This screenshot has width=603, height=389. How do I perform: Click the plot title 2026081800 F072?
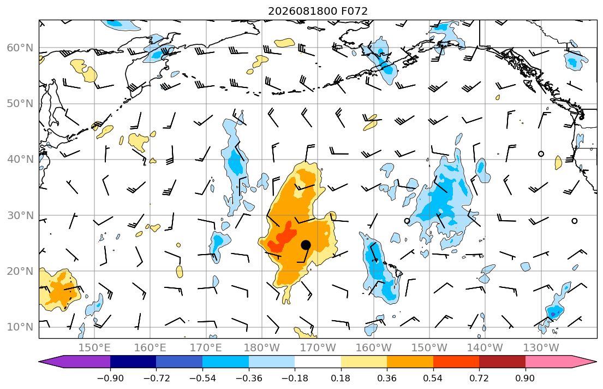click(x=318, y=11)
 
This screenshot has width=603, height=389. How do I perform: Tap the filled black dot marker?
click(x=306, y=245)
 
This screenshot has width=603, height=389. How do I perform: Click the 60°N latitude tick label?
click(x=20, y=48)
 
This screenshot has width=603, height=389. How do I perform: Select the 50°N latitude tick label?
click(x=20, y=104)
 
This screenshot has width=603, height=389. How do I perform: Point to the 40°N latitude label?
click(x=20, y=160)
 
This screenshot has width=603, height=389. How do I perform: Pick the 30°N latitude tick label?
click(x=20, y=215)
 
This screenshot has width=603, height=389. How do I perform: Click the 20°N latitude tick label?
click(x=20, y=271)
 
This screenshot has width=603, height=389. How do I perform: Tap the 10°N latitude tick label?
click(x=20, y=327)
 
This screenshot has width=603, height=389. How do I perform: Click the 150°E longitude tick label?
click(x=94, y=348)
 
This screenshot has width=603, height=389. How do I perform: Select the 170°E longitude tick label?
click(x=206, y=348)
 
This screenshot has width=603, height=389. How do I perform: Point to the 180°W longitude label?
click(x=262, y=348)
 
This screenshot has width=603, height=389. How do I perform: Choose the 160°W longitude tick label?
click(x=373, y=348)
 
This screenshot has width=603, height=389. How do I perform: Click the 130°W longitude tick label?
click(x=541, y=348)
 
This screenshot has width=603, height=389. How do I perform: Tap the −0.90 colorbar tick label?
click(x=110, y=378)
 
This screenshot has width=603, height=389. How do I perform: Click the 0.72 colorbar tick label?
click(x=479, y=378)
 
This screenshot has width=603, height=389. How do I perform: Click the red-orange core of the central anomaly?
click(x=283, y=238)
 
